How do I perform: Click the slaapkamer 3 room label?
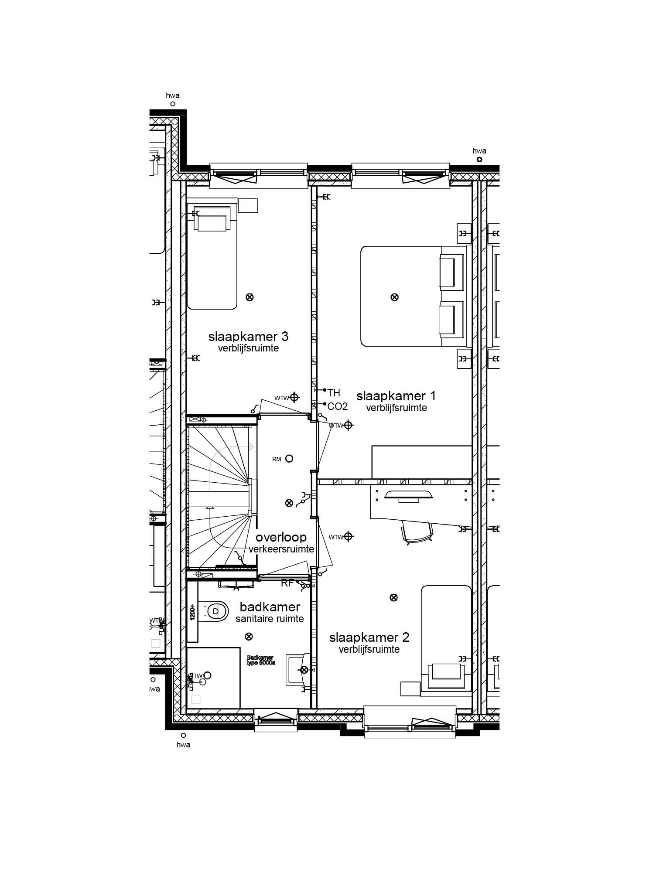248,337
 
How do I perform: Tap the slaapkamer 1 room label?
396,396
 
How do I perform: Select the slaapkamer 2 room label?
369,637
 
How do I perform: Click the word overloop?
281,537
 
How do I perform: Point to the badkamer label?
270,607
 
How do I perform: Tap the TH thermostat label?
334,393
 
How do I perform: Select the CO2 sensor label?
337,406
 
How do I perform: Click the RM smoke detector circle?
289,458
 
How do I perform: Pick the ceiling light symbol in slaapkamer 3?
250,297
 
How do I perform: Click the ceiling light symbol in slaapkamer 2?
393,597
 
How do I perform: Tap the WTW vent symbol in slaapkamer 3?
294,397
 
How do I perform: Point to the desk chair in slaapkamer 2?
417,532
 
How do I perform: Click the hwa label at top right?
479,151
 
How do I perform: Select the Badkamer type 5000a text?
260,660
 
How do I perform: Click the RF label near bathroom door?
287,583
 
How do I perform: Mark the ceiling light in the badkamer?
249,637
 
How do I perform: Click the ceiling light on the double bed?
394,297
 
